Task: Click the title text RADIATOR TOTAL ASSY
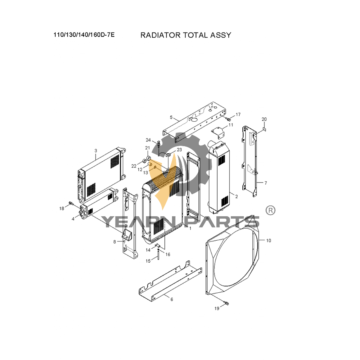(186, 35)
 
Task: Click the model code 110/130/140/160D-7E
(84, 35)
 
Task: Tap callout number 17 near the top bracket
(238, 115)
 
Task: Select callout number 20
(264, 119)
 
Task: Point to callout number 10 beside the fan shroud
(269, 240)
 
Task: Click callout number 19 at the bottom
(217, 308)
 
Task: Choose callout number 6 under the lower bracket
(172, 299)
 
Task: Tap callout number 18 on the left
(62, 209)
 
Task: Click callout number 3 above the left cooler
(96, 151)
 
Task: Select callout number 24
(148, 140)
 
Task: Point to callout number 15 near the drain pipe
(148, 261)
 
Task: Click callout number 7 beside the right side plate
(266, 183)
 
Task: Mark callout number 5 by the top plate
(171, 117)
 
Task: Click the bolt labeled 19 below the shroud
(226, 304)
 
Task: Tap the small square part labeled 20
(264, 129)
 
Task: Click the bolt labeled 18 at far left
(71, 203)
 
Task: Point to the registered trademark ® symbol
(270, 210)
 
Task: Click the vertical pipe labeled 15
(158, 255)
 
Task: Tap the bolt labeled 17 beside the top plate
(228, 119)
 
